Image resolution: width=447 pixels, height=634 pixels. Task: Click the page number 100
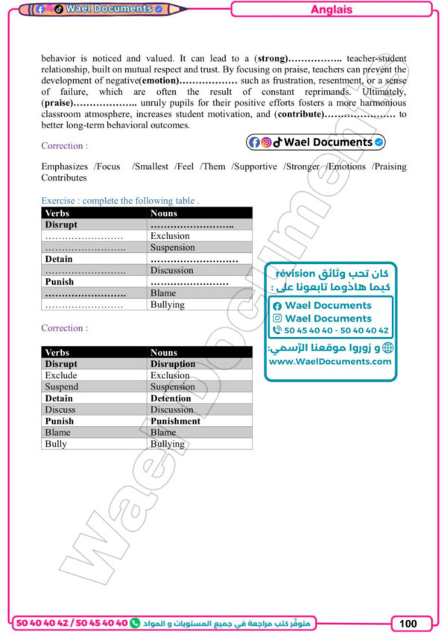click(x=408, y=623)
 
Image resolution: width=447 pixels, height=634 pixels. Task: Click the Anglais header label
click(x=331, y=10)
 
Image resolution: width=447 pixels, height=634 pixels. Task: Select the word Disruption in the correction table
click(x=173, y=364)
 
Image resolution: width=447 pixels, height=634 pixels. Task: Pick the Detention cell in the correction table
click(x=171, y=398)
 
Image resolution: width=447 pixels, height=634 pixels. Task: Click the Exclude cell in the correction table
click(x=61, y=375)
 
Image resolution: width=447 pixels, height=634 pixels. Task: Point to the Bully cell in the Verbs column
click(x=56, y=444)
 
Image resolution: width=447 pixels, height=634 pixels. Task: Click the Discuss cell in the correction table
click(x=60, y=409)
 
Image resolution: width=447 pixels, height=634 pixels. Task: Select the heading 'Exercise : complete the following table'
click(x=120, y=201)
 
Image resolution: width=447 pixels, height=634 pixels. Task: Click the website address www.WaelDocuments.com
click(x=329, y=361)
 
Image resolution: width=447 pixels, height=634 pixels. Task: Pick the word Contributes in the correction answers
click(x=63, y=178)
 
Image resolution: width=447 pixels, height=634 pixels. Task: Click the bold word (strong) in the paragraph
click(x=270, y=57)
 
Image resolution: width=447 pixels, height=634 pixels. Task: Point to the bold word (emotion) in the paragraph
click(x=159, y=80)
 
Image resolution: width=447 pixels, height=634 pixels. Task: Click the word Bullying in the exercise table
click(x=168, y=304)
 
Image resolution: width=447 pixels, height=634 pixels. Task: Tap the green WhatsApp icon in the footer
click(x=135, y=622)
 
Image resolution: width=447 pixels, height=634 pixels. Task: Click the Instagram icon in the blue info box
click(x=278, y=318)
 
